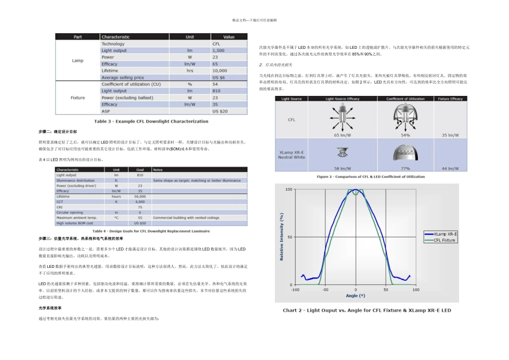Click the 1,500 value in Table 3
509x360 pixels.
click(218, 50)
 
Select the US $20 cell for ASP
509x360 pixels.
click(220, 111)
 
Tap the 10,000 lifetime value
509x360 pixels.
click(220, 71)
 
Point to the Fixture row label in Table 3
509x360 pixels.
click(78, 98)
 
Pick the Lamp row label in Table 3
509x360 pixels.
click(78, 61)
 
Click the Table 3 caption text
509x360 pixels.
click(152, 121)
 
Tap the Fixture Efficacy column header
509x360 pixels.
click(451, 99)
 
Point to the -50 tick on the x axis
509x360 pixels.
click(325, 290)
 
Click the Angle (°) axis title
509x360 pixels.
click(356, 296)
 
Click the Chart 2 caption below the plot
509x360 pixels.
click(367, 310)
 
